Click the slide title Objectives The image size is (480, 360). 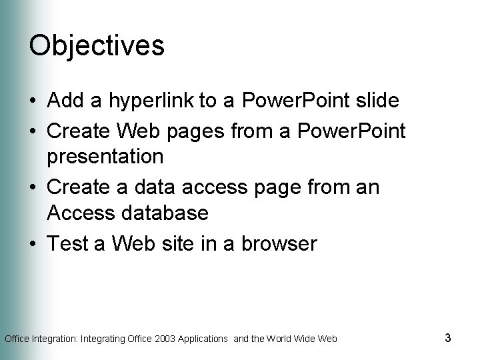[97, 45]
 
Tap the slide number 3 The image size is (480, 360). [447, 338]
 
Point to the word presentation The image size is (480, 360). [105, 157]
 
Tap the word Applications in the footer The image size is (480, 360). [206, 339]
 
